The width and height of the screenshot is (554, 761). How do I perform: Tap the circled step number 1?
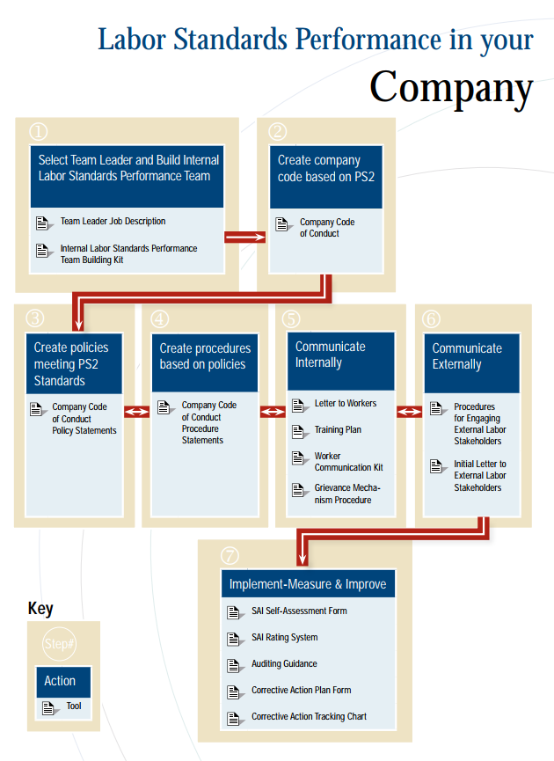click(x=39, y=131)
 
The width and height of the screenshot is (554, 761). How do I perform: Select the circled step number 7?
click(x=230, y=555)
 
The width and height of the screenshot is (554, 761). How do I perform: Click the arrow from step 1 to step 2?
click(x=245, y=237)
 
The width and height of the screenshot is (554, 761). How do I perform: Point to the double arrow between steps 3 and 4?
click(x=137, y=412)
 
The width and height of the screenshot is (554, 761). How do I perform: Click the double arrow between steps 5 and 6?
click(x=410, y=412)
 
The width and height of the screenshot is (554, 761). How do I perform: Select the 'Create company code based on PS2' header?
click(x=326, y=177)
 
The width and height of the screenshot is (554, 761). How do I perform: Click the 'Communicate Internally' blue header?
click(x=341, y=361)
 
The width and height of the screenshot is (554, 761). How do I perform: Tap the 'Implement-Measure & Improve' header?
click(x=308, y=584)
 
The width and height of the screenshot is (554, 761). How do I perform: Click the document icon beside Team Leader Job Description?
click(x=44, y=223)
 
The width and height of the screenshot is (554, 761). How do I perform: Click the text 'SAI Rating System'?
click(x=284, y=637)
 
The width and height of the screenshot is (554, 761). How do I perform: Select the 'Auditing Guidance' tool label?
click(x=284, y=663)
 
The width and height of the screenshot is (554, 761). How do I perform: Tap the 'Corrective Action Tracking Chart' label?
click(x=309, y=716)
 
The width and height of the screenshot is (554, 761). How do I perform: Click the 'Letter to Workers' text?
click(x=346, y=403)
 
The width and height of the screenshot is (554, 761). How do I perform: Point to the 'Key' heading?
click(x=40, y=609)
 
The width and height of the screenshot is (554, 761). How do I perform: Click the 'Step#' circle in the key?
click(x=59, y=644)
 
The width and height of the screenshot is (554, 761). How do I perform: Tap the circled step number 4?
click(x=160, y=318)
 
